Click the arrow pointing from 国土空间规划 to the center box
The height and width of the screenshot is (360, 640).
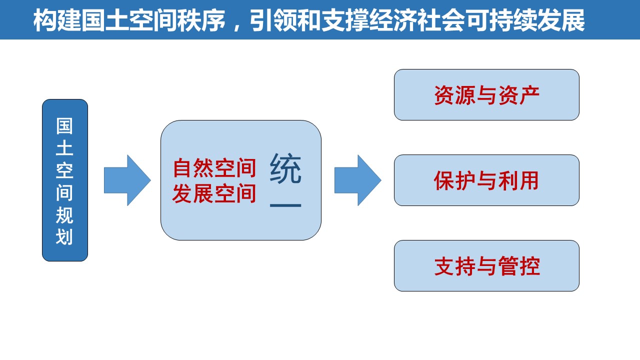click(x=127, y=180)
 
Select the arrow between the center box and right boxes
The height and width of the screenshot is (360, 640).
click(x=358, y=180)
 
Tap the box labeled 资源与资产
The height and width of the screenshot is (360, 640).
click(x=486, y=94)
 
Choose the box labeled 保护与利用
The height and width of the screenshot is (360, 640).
click(x=486, y=180)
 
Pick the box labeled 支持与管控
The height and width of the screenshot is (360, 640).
click(x=486, y=265)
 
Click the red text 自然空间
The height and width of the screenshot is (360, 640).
click(x=214, y=167)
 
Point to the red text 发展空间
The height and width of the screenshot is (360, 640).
click(x=214, y=193)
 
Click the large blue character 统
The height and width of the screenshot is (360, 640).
click(x=285, y=168)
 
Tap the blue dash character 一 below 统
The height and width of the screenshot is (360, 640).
click(x=285, y=205)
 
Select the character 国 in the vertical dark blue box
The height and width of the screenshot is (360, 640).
click(x=64, y=126)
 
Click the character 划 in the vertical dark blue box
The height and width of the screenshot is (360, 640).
click(x=64, y=237)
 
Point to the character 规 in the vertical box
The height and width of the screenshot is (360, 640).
click(x=64, y=215)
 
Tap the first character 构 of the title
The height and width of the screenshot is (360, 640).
click(x=45, y=20)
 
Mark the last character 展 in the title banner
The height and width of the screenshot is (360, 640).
click(x=573, y=20)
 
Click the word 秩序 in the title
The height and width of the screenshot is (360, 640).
click(x=201, y=20)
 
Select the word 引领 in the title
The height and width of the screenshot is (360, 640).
click(x=273, y=20)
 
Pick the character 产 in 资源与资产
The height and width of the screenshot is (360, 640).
click(x=529, y=95)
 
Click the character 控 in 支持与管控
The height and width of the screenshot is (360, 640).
click(x=529, y=266)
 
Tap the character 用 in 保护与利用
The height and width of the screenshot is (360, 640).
click(x=529, y=180)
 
